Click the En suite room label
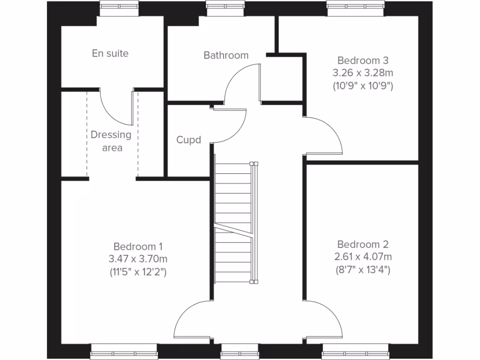110,53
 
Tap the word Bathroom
226,55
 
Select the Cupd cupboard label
188,140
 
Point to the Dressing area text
111,141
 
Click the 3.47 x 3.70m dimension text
138,258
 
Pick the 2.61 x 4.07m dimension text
363,256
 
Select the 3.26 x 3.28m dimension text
363,73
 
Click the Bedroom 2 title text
363,244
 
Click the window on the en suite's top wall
119,7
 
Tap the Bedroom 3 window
356,7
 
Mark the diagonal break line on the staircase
233,230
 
